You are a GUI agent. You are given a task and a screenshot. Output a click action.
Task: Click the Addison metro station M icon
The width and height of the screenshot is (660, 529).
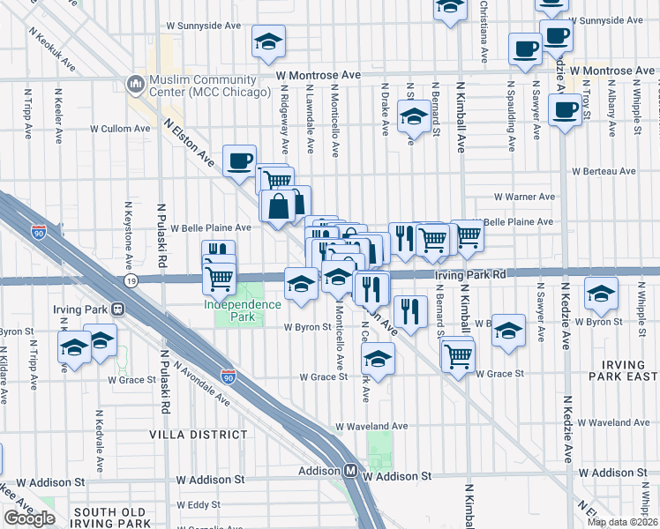[350, 471]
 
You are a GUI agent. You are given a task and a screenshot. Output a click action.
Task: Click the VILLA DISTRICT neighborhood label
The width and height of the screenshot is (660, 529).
[199, 435]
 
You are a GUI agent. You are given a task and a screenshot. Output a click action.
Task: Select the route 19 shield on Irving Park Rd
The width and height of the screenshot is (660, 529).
[131, 280]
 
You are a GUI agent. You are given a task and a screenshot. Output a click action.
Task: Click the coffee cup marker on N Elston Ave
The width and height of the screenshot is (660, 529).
[239, 160]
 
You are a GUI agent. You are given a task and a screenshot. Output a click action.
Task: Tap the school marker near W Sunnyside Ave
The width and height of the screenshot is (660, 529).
[268, 41]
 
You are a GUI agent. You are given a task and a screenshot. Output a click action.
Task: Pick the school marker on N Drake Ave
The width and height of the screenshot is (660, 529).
[412, 116]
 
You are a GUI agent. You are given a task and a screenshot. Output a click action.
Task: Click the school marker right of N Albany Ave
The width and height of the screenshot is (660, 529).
[601, 294]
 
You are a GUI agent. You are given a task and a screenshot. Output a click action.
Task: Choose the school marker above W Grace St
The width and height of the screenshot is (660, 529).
[379, 360]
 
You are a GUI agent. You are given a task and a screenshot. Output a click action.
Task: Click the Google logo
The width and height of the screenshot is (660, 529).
[30, 518]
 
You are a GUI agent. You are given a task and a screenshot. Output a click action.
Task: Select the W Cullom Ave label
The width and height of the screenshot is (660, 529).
[123, 129]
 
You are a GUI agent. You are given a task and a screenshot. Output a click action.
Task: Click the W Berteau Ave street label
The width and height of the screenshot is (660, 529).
[604, 171]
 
